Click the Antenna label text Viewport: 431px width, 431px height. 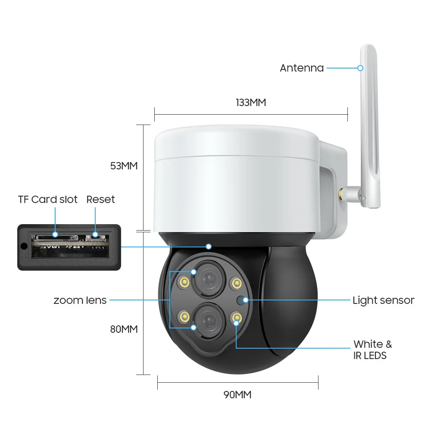tap(302, 68)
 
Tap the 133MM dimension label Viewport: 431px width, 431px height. tap(251, 103)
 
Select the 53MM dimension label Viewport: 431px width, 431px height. tap(124, 166)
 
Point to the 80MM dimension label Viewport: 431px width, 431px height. tap(124, 329)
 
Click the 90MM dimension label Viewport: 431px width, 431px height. tap(237, 395)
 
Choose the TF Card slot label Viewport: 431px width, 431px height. tap(47, 199)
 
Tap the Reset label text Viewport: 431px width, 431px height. tap(100, 199)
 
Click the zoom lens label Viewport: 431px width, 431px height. tap(80, 300)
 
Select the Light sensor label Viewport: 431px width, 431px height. tap(384, 300)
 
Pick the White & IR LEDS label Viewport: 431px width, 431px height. tap(372, 350)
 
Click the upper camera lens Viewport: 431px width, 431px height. tap(209, 279)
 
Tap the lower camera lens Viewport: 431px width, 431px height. tap(209, 320)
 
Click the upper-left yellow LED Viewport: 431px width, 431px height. tap(184, 282)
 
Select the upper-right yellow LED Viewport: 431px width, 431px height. tap(236, 283)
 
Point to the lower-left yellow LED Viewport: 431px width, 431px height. tap(184, 317)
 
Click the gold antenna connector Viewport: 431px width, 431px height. tap(343, 194)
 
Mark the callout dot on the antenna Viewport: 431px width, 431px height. tap(360, 68)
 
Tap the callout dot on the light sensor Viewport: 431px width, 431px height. tap(246, 300)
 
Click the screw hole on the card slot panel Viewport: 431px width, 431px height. tap(24, 246)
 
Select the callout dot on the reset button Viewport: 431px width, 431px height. tap(95, 234)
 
